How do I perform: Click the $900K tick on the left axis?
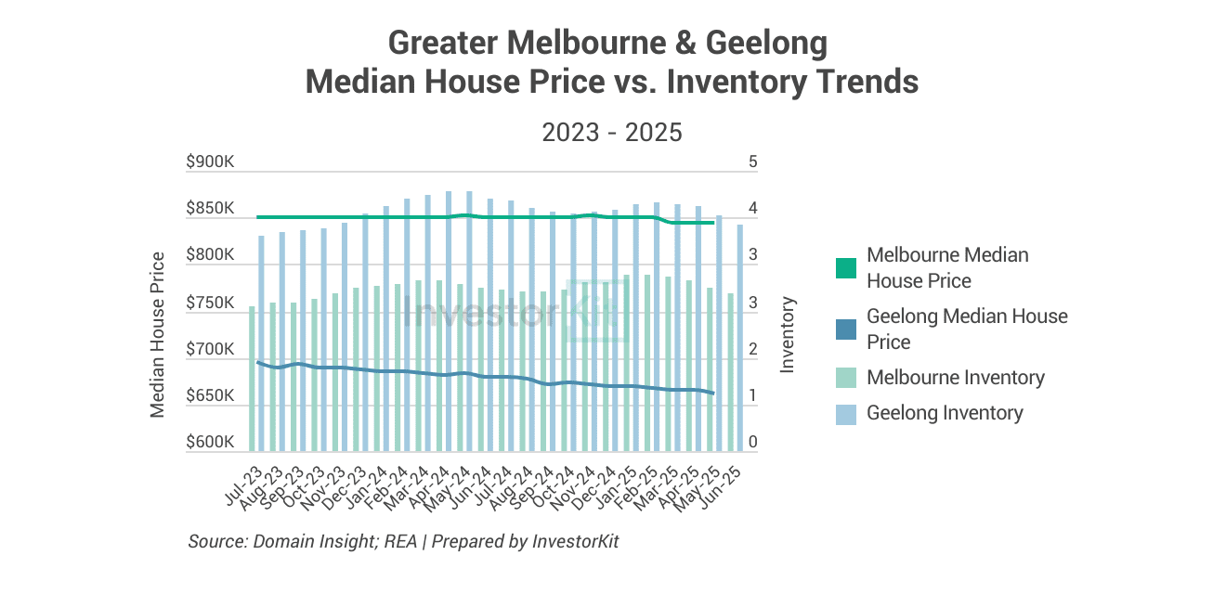coord(211,162)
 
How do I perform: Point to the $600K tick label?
coord(211,443)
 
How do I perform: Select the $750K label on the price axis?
coord(211,303)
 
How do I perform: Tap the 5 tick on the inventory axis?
coord(753,162)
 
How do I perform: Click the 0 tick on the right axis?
coord(753,443)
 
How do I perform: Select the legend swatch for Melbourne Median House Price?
coord(845,268)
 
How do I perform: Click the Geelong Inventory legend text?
coord(945,413)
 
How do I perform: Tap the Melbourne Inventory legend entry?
coord(955,378)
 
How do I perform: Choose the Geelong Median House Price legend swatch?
coord(845,329)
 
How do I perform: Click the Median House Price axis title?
coord(158,334)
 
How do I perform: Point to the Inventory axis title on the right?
coord(788,334)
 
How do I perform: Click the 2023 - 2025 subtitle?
coord(612,133)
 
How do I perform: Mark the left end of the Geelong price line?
coord(257,363)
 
